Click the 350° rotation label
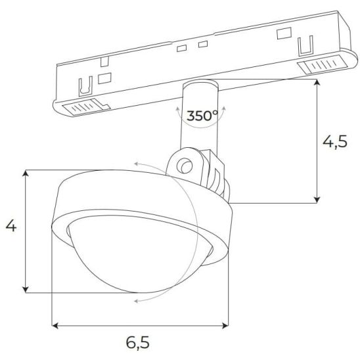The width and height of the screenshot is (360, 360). (202, 116)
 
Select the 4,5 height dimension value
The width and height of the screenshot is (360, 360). (335, 142)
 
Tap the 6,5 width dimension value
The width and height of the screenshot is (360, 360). (138, 343)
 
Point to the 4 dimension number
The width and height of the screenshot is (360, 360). (11, 226)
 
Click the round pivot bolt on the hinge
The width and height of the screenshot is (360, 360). (185, 166)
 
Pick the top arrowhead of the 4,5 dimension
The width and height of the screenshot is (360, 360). (317, 82)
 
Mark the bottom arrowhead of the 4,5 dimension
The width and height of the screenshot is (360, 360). (317, 200)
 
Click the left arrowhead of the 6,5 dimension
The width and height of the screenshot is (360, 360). (55, 325)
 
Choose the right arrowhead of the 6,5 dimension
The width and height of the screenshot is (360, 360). (225, 325)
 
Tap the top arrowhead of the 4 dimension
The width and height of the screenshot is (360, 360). (26, 173)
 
